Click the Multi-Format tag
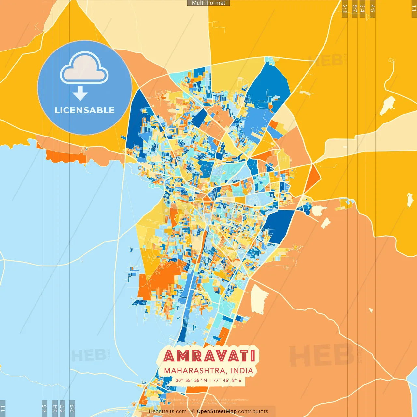point(208,3)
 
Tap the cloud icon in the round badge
point(84,69)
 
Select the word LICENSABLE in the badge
point(85,110)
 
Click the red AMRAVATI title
point(209,356)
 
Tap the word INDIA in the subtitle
point(242,371)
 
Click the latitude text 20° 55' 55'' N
point(191,380)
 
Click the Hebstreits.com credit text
point(167,411)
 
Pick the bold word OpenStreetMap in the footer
point(217,411)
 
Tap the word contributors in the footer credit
point(253,411)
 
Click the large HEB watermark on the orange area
point(321,355)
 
